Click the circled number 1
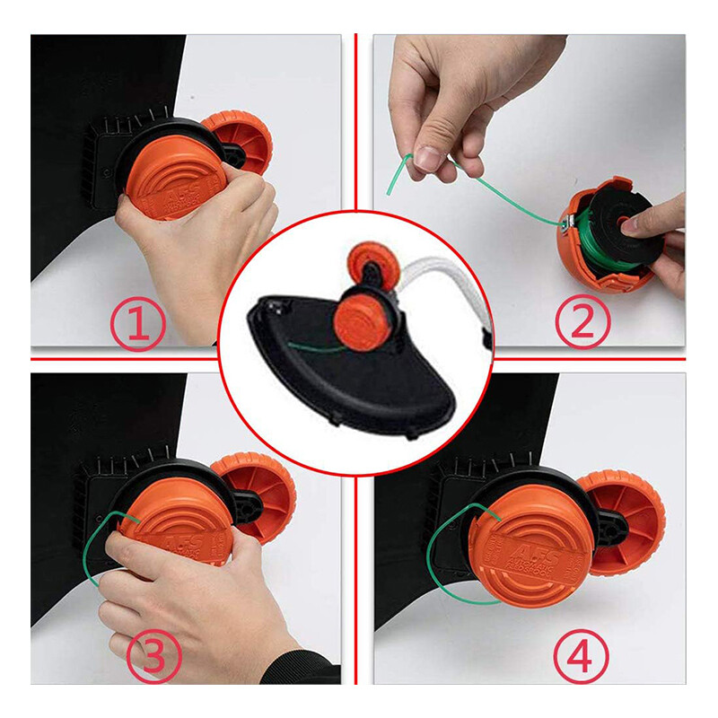137,325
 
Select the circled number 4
579,660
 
